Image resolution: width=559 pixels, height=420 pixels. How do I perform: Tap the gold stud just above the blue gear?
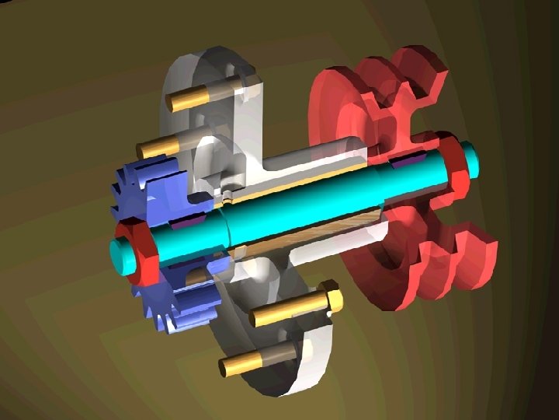[x=159, y=145]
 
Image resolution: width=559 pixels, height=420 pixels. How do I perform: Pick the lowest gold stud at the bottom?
[x=241, y=362]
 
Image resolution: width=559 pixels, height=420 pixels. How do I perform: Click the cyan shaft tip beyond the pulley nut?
[x=471, y=159]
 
